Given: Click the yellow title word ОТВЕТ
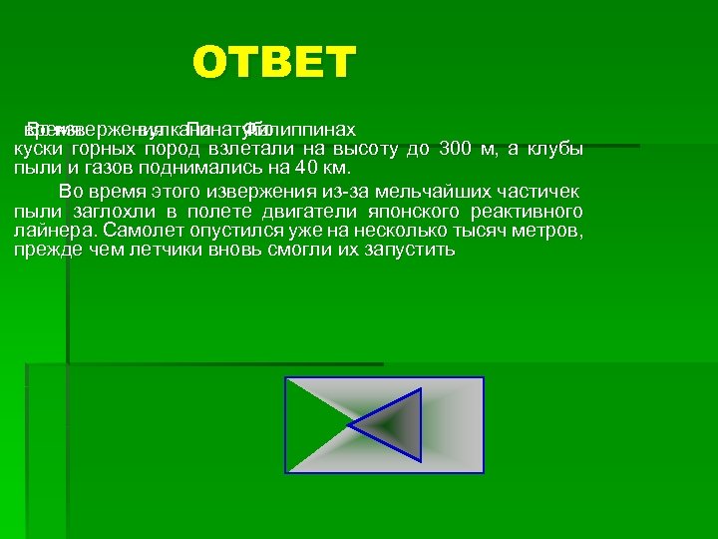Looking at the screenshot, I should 274,63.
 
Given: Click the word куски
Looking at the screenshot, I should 37,150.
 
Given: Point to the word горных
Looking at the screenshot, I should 103,150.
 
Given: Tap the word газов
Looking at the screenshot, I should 100,169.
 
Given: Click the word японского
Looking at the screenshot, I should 394,211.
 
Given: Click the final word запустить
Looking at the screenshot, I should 410,250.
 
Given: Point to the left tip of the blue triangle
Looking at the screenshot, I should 348,426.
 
